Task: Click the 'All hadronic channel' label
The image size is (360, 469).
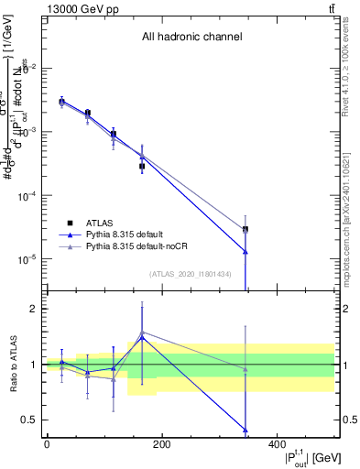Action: coord(191,38)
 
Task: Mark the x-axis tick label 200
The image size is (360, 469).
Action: coord(161,445)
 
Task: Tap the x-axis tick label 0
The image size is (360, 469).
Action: coord(47,445)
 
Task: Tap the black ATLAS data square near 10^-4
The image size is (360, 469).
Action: coord(142,167)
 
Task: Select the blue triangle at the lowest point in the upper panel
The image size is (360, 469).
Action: coord(245,252)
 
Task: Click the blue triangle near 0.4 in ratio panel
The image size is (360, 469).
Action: coord(245,430)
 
